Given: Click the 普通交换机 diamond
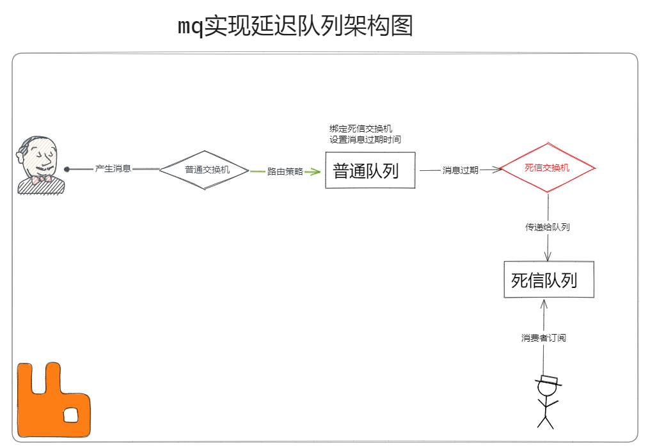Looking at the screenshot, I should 204,170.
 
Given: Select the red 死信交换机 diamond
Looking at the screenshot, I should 547,168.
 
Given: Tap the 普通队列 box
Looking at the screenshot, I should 370,170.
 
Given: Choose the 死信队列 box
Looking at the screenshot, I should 548,280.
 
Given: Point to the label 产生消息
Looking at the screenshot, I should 113,169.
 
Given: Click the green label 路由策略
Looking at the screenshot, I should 285,171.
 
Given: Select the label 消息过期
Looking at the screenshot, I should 460,170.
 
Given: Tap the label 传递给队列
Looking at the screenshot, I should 547,227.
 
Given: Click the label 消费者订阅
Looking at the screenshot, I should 543,338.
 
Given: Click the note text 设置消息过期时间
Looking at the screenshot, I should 365,139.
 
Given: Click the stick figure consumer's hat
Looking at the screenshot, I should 548,380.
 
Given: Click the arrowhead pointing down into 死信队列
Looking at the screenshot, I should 548,257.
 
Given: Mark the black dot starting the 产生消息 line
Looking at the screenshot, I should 67,170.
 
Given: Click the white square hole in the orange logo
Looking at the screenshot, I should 70,415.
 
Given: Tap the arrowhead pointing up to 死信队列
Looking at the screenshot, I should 543,304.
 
